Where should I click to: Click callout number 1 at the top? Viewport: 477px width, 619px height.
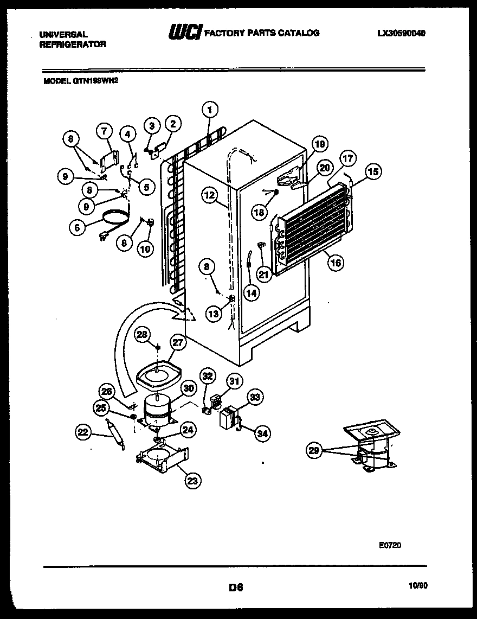point(209,110)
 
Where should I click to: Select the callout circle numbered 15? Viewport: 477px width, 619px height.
point(372,172)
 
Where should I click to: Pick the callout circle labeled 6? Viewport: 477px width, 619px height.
point(78,228)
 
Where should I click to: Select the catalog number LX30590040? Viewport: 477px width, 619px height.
point(401,33)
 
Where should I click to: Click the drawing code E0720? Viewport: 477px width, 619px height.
point(390,546)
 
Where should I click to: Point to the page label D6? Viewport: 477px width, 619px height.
point(235,586)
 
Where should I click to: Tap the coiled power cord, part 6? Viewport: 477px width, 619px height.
point(114,218)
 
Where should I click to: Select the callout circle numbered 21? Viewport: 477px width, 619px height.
point(263,275)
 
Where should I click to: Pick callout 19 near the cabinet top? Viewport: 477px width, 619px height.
point(320,145)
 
